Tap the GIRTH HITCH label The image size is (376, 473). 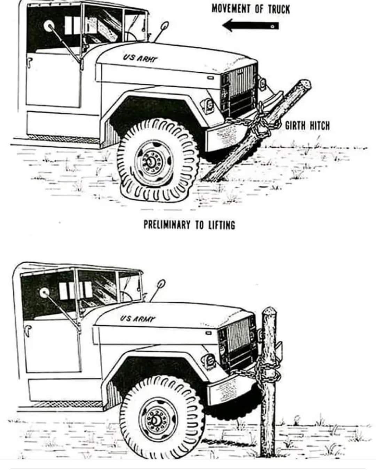coord(307,125)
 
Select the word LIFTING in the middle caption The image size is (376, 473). coord(222,225)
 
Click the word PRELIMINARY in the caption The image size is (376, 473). coord(167,225)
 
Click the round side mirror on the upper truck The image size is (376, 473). coord(48,25)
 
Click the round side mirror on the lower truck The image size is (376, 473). coord(45,293)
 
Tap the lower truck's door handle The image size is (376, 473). coord(26,330)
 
